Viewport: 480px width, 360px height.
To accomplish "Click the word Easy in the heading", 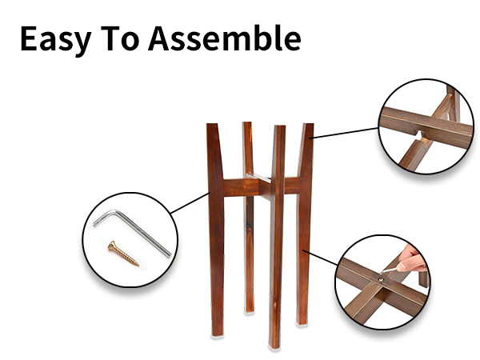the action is click(56, 40).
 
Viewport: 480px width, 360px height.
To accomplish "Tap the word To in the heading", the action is click(120, 38).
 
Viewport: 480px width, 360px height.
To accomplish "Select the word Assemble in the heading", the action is click(225, 38).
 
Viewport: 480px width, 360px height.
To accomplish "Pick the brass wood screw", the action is click(123, 254).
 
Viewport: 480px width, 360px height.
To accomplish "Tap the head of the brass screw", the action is click(112, 246).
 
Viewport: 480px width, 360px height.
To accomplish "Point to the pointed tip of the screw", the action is click(138, 265).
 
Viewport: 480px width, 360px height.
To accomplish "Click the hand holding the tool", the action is click(413, 259).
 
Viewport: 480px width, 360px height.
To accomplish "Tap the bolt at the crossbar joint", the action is click(381, 279).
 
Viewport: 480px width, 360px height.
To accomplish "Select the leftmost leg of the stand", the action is click(216, 230).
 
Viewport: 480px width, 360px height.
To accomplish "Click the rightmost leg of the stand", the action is click(304, 223).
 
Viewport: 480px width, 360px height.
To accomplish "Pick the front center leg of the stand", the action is click(277, 237).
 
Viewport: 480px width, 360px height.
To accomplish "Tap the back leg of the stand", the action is click(249, 217).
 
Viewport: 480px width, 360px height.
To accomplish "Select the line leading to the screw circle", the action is click(190, 203).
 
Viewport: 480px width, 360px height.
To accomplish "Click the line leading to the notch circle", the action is click(345, 133).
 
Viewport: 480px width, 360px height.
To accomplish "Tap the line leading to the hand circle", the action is click(321, 258).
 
